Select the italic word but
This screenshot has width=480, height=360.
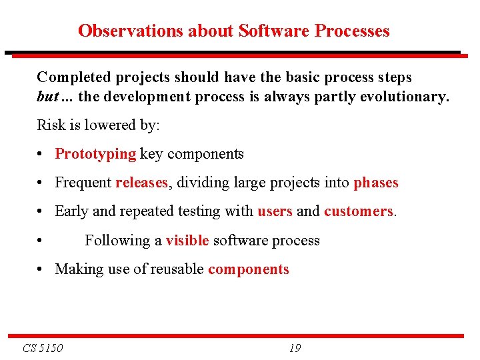pyautogui.click(x=48, y=97)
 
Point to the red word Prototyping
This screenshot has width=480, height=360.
pyautogui.click(x=95, y=154)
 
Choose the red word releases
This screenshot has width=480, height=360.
pyautogui.click(x=141, y=183)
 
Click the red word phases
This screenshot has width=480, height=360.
pyautogui.click(x=375, y=183)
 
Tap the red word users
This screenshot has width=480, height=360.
pyautogui.click(x=275, y=211)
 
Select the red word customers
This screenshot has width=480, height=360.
pyautogui.click(x=359, y=211)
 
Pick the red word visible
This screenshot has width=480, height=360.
pyautogui.click(x=187, y=241)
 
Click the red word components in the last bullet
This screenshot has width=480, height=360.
pyautogui.click(x=249, y=269)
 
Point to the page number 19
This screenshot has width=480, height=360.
pyautogui.click(x=295, y=348)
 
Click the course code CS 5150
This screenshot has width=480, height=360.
pyautogui.click(x=43, y=348)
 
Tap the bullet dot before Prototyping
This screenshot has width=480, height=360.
pyautogui.click(x=41, y=155)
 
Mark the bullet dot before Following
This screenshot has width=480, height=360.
pyautogui.click(x=41, y=241)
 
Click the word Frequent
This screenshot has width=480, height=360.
pyautogui.click(x=83, y=183)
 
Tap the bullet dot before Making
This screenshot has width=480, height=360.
pyautogui.click(x=41, y=270)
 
